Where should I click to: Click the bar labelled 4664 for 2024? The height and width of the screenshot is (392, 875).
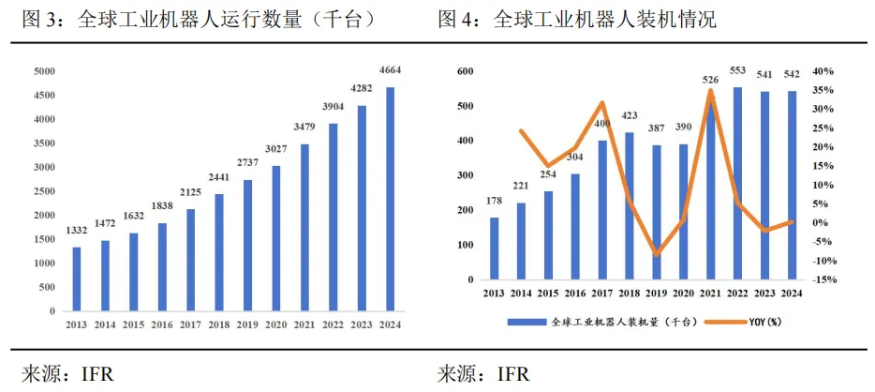pos(391,198)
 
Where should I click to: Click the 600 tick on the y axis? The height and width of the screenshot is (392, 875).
pos(464,71)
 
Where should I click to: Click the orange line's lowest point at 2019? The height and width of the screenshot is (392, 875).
pos(658,254)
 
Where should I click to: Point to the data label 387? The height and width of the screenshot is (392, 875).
pos(658,128)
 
